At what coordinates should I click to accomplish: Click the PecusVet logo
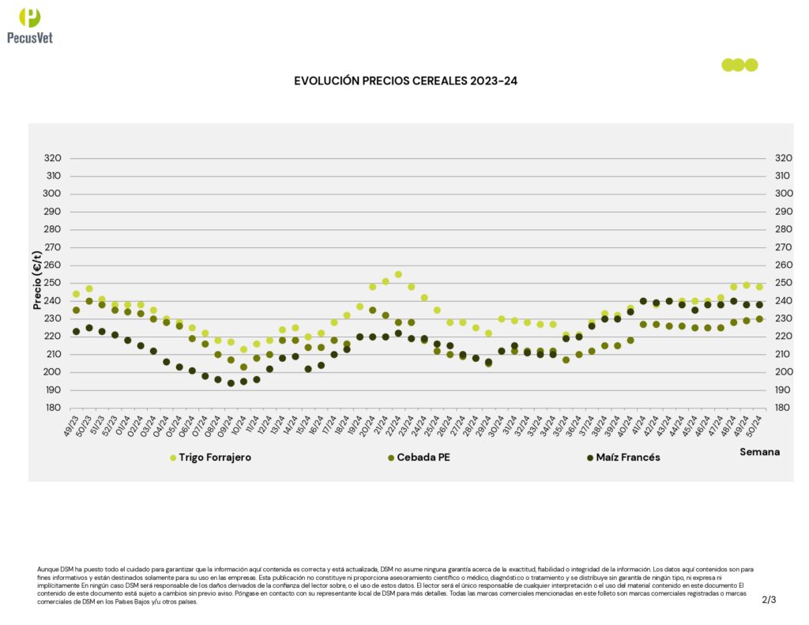tap(30, 24)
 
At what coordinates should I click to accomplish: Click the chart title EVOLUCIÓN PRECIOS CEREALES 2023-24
tap(405, 81)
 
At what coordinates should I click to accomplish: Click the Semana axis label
tap(759, 452)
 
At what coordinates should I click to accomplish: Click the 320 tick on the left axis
tap(52, 158)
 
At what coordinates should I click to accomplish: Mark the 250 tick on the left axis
tap(52, 283)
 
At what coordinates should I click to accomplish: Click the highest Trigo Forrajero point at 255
tap(398, 274)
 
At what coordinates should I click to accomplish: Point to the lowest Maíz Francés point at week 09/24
tap(231, 383)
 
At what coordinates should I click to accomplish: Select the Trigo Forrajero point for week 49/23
tap(76, 294)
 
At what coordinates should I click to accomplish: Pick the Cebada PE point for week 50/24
tap(759, 318)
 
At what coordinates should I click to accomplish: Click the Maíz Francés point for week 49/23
tap(76, 331)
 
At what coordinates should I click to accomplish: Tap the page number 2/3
tap(769, 600)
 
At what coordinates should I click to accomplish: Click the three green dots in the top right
tap(739, 65)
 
